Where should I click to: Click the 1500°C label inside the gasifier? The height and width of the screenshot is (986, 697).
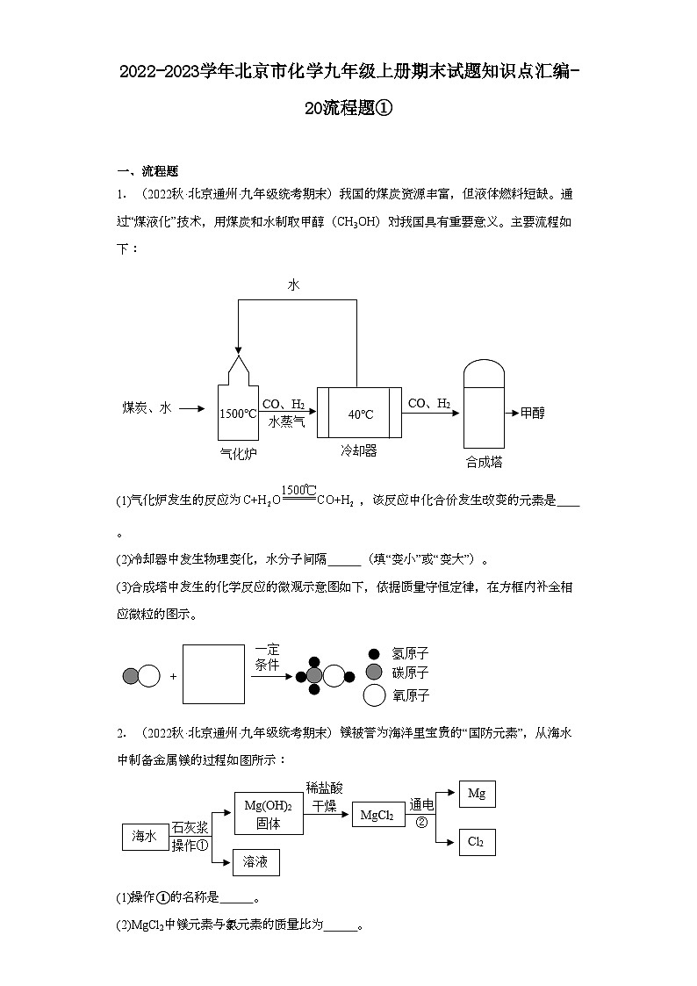coord(238,413)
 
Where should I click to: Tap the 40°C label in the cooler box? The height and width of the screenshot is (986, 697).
coord(360,414)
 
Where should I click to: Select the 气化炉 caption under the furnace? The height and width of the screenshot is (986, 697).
coord(238,453)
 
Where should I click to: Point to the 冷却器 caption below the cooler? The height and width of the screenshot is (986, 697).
coord(359,450)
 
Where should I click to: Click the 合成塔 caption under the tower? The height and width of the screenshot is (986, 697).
coord(484,462)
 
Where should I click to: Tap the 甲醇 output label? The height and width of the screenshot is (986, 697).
coord(532,413)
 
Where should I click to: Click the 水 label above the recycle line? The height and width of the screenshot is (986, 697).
coord(293,284)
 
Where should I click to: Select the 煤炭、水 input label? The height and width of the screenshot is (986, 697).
coord(147,408)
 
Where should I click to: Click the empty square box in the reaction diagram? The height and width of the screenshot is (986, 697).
coord(213,674)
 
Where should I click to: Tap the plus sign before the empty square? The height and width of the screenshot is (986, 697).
coord(173,676)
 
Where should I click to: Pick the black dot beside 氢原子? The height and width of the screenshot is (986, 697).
coord(374,654)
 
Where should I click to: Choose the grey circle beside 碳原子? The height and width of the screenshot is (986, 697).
coord(374,673)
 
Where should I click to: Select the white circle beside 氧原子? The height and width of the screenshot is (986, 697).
coord(375,695)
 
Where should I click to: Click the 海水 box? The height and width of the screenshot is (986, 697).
coord(144,838)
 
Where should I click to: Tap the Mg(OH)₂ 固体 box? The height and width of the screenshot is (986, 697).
coord(269,813)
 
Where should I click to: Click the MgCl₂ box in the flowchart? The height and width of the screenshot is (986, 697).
coord(377,816)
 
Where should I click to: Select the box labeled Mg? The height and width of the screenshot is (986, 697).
coord(477,794)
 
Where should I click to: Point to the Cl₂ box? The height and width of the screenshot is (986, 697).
coord(477,842)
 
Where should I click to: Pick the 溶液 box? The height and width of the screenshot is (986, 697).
coord(255,863)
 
